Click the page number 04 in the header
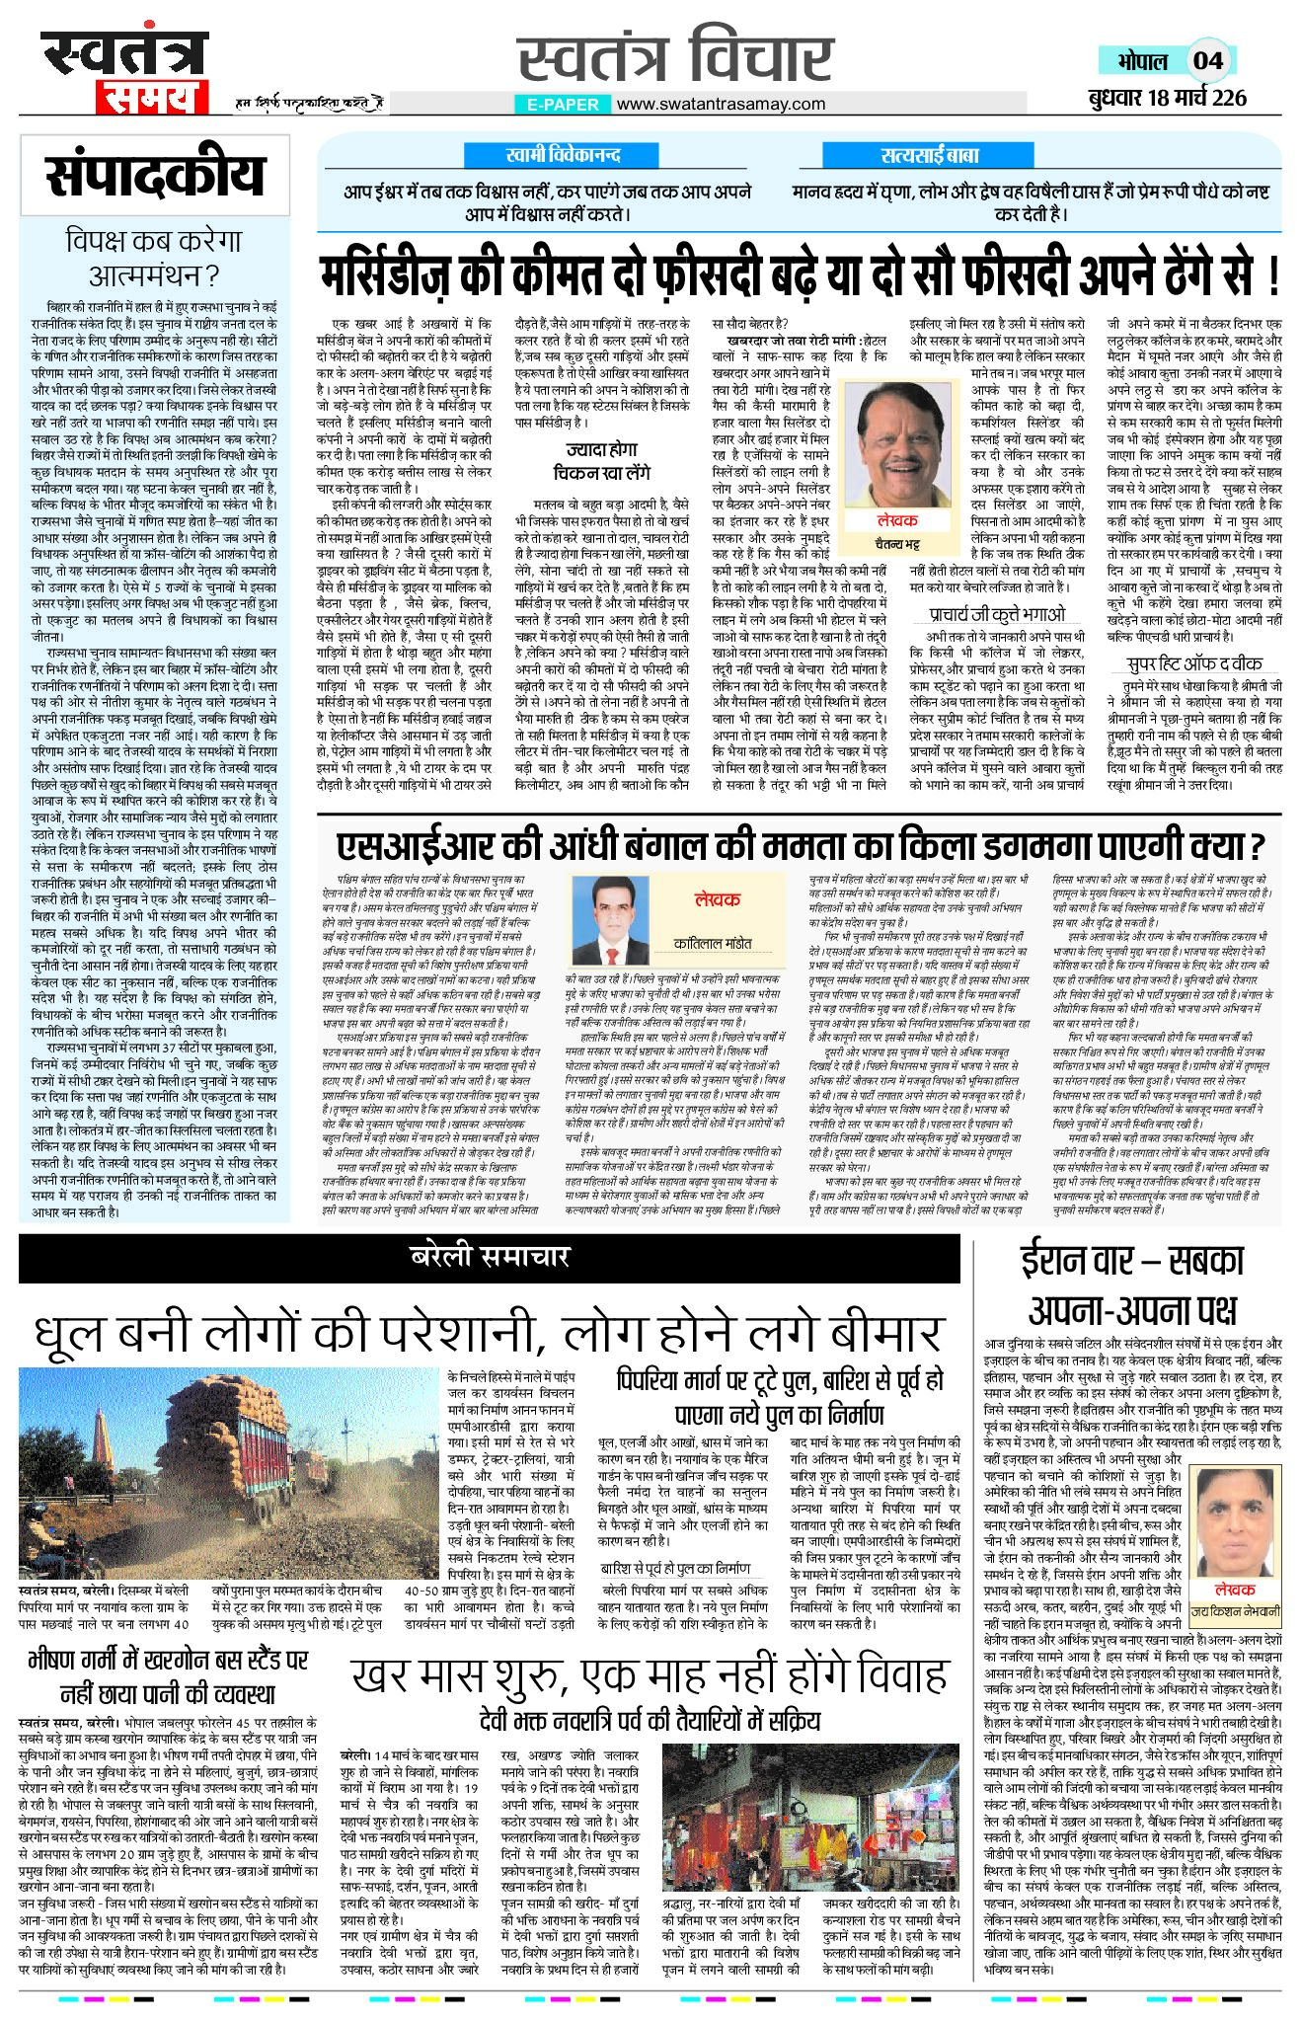[1207, 60]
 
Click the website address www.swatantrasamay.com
[721, 104]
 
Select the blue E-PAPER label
[563, 104]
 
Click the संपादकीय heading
[155, 176]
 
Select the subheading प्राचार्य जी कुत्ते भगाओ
[997, 614]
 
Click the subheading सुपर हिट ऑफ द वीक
[1193, 663]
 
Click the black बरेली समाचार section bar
[489, 1257]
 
